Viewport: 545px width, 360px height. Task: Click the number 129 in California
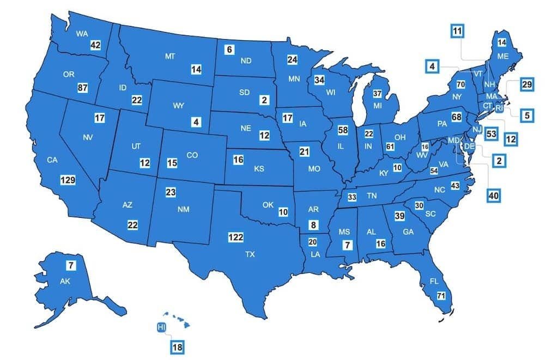(x=68, y=180)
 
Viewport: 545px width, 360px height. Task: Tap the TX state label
(x=250, y=254)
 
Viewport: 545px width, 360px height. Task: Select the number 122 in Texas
(x=235, y=237)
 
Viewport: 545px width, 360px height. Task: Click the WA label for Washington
(x=82, y=34)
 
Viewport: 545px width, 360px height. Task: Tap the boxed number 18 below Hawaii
(x=178, y=346)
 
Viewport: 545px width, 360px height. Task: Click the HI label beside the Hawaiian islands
(x=161, y=327)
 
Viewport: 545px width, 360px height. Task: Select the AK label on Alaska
(x=65, y=282)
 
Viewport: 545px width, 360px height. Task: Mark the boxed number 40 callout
(x=494, y=196)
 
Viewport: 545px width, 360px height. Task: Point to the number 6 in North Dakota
(x=229, y=50)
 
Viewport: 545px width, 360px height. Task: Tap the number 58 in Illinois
(x=343, y=131)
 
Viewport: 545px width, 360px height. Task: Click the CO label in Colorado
(x=192, y=155)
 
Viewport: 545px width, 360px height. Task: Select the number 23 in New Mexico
(x=171, y=192)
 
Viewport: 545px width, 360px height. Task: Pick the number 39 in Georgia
(x=399, y=216)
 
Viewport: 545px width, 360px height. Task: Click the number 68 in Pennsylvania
(x=457, y=117)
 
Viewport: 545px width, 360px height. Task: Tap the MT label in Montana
(x=169, y=56)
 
